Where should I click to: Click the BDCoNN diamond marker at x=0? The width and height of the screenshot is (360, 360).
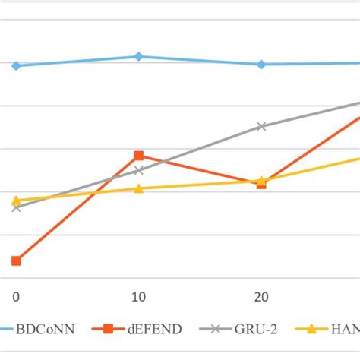click(x=16, y=65)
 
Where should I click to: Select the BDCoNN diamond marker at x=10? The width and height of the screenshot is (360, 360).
click(x=138, y=56)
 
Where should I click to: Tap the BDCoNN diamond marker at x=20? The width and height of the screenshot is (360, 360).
click(x=261, y=64)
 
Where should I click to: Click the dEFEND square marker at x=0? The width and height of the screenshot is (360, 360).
click(x=16, y=261)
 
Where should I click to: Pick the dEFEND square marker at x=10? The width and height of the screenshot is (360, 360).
click(x=138, y=156)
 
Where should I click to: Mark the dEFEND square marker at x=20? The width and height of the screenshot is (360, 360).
click(x=261, y=183)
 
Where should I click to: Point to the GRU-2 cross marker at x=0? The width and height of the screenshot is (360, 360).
click(x=16, y=207)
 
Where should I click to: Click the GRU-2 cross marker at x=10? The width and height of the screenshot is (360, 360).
click(x=138, y=170)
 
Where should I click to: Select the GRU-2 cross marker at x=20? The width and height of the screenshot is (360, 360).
click(x=261, y=126)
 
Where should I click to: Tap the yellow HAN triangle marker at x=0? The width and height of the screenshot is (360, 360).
click(x=16, y=201)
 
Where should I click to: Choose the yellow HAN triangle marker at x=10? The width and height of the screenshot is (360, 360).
click(x=138, y=188)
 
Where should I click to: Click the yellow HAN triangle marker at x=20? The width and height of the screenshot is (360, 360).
click(x=261, y=181)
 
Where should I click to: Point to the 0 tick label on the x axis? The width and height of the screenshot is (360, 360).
click(x=16, y=296)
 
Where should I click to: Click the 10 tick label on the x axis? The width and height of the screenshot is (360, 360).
click(x=138, y=296)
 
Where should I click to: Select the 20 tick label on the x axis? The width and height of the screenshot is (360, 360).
click(x=261, y=296)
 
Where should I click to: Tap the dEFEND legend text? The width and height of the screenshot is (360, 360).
click(x=154, y=329)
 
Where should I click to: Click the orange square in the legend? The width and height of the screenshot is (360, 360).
click(x=109, y=329)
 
